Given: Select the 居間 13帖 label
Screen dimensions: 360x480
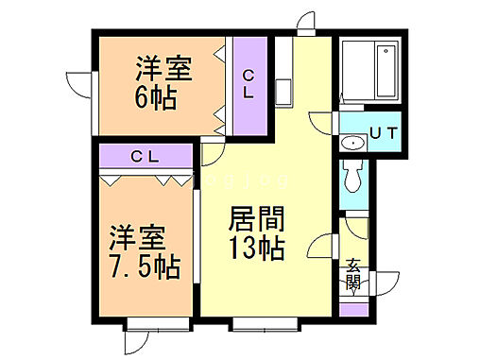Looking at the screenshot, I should coord(254,236).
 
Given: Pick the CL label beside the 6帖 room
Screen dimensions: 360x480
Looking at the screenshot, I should coord(248,84).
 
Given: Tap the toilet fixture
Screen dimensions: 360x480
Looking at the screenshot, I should coord(352,175).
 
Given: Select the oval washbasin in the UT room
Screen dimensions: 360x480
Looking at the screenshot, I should coord(352,144).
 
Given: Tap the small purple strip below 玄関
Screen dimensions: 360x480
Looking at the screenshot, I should coord(352,308).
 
